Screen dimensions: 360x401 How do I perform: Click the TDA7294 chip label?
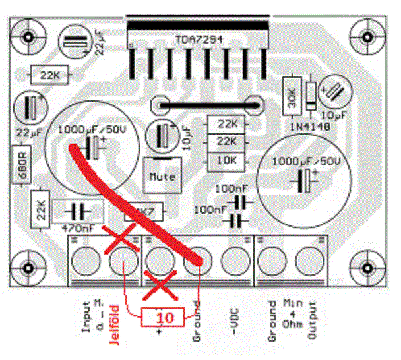click(201, 39)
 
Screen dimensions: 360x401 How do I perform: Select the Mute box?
click(162, 176)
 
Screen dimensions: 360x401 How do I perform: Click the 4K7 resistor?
click(144, 212)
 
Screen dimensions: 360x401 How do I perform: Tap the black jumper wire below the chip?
click(205, 104)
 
